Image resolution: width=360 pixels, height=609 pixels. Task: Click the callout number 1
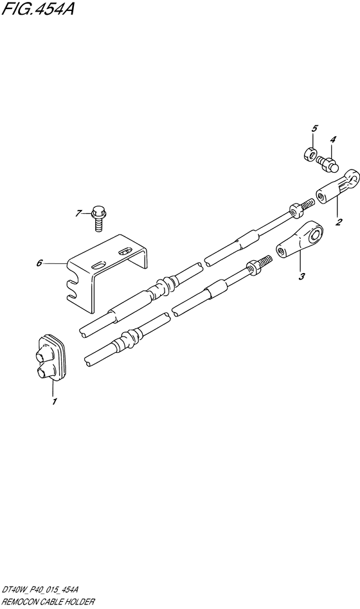tap(55, 402)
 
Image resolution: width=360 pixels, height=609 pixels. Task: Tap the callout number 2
tap(339, 222)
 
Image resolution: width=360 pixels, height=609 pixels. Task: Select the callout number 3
tap(301, 276)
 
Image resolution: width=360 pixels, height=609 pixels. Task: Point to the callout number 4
tap(333, 139)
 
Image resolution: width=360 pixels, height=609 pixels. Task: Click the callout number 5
tap(315, 128)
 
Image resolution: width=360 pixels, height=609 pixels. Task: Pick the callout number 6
tap(39, 263)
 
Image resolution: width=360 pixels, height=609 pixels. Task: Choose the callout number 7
tap(78, 213)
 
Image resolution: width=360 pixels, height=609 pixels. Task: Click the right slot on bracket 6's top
tap(125, 252)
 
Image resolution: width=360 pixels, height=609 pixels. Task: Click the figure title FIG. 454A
tap(38, 9)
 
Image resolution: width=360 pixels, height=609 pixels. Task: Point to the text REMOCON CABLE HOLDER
tap(48, 602)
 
